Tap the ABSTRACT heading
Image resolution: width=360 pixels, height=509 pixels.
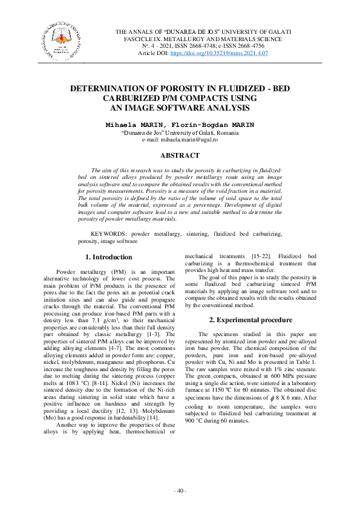pos(180,155)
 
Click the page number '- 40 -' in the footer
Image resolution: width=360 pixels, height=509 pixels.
pos(180,489)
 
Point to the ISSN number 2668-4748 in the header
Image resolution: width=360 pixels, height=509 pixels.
pos(206,46)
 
